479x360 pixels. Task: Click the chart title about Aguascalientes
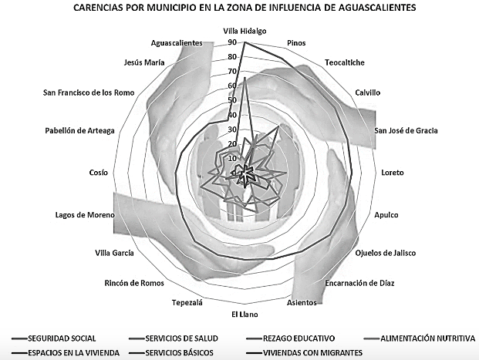pyautogui.click(x=239, y=8)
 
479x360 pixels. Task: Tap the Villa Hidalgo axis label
pyautogui.click(x=245, y=31)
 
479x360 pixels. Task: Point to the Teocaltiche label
pyautogui.click(x=344, y=62)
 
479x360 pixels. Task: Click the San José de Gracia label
pyautogui.click(x=406, y=130)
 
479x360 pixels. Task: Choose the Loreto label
pyautogui.click(x=392, y=172)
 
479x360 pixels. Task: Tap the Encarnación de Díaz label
pyautogui.click(x=360, y=283)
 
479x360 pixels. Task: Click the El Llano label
pyautogui.click(x=245, y=314)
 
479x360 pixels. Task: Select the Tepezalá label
pyautogui.click(x=187, y=303)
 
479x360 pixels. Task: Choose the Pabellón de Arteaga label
pyautogui.click(x=79, y=130)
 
